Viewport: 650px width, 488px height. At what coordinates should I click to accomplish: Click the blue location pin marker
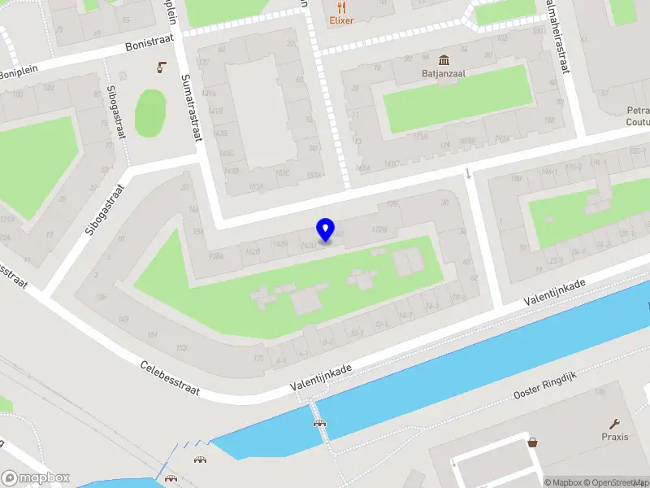pyautogui.click(x=326, y=230)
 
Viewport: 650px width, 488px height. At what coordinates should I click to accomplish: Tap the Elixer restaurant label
pyautogui.click(x=341, y=20)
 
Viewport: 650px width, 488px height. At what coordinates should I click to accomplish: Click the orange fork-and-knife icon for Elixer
pyautogui.click(x=334, y=6)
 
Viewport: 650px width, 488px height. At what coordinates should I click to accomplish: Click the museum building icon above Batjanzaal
pyautogui.click(x=444, y=60)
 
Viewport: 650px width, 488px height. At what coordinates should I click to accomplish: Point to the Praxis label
pyautogui.click(x=615, y=437)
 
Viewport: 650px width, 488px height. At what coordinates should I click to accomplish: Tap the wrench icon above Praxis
pyautogui.click(x=615, y=423)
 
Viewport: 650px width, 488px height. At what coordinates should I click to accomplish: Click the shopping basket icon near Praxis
pyautogui.click(x=533, y=443)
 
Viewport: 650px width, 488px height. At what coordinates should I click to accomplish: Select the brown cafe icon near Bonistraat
pyautogui.click(x=162, y=67)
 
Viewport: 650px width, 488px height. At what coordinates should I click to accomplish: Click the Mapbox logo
pyautogui.click(x=36, y=478)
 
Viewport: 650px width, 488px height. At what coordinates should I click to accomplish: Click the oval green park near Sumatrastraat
pyautogui.click(x=150, y=112)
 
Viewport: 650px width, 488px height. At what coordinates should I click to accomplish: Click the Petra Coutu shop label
pyautogui.click(x=638, y=116)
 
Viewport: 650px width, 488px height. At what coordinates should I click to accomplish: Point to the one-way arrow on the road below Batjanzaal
pyautogui.click(x=468, y=172)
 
